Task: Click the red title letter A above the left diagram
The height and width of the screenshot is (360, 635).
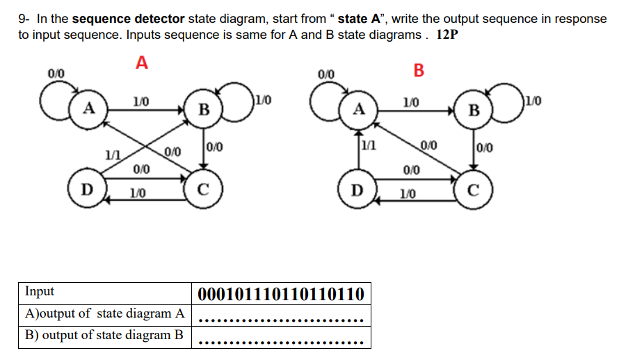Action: [x=142, y=63]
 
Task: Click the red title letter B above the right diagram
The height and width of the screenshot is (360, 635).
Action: [x=418, y=70]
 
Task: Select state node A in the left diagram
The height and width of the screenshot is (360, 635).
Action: [x=88, y=108]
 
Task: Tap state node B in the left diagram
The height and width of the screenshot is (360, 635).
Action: [x=202, y=110]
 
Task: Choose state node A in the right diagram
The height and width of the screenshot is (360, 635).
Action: [x=359, y=109]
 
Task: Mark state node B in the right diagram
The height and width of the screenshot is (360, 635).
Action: [x=474, y=110]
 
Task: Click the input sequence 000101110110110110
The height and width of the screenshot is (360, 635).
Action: [x=281, y=294]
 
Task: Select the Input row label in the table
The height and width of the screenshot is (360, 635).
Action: [x=39, y=292]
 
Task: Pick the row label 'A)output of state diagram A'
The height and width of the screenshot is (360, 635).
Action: [x=104, y=313]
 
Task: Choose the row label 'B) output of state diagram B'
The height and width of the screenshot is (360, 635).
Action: [x=104, y=335]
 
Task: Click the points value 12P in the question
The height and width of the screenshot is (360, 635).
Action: [x=447, y=35]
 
